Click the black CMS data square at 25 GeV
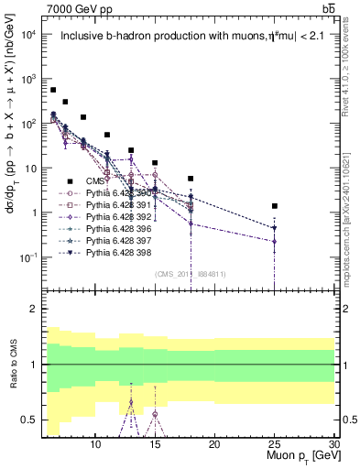click(x=274, y=206)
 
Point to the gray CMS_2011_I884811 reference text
click(x=190, y=274)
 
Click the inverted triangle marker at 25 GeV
click(x=274, y=228)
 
